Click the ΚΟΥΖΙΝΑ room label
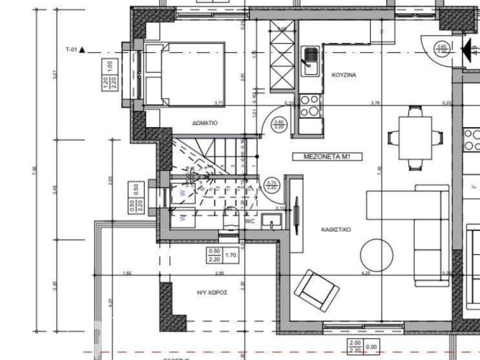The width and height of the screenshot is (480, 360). tap(345, 75)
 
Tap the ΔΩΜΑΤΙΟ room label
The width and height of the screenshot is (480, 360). tap(205, 123)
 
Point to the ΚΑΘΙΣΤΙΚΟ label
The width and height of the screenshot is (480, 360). tap(336, 230)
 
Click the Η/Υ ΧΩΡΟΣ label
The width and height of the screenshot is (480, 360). tap(212, 292)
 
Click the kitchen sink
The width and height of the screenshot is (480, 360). tap(309, 60)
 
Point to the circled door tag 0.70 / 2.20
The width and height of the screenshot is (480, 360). tap(271, 185)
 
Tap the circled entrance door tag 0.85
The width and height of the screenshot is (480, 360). tap(441, 48)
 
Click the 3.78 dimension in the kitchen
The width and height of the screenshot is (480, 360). tap(374, 103)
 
